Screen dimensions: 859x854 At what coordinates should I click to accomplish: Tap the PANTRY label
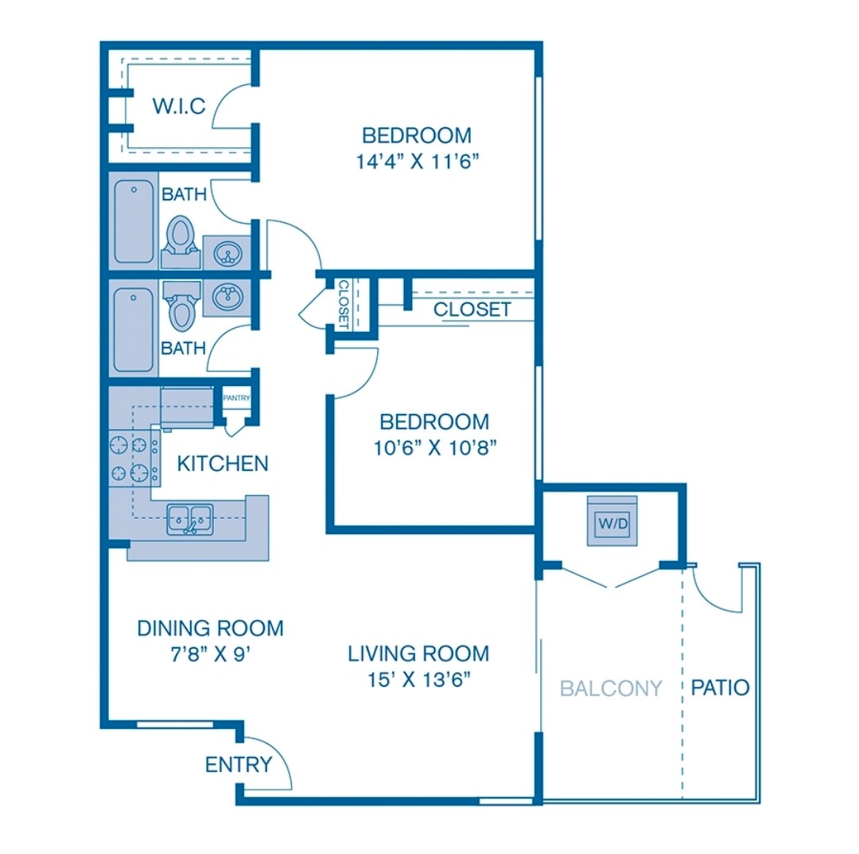(x=237, y=398)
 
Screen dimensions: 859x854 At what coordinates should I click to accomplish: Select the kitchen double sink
(x=189, y=519)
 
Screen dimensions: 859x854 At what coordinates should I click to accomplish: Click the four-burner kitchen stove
(x=134, y=458)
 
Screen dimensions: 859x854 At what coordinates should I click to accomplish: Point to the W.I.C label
(x=179, y=106)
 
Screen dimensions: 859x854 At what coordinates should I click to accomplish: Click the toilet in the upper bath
(x=181, y=242)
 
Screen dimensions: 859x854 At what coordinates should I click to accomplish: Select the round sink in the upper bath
(x=228, y=253)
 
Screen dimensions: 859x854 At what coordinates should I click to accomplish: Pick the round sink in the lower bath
(x=227, y=297)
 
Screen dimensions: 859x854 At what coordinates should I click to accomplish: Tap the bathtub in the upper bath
(x=134, y=221)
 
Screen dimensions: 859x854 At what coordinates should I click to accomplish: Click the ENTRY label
(x=239, y=764)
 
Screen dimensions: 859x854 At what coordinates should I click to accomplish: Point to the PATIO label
(x=720, y=687)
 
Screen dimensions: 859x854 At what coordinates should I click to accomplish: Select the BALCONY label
(x=611, y=688)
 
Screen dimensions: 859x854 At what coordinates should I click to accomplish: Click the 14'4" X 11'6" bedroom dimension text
(x=418, y=161)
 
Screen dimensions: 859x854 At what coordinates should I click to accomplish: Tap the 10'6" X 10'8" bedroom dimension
(x=435, y=448)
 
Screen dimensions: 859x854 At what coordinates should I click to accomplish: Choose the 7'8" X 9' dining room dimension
(x=210, y=654)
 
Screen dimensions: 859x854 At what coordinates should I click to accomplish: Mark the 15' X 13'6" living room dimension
(x=419, y=680)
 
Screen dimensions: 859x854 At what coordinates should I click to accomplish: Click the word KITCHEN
(x=223, y=464)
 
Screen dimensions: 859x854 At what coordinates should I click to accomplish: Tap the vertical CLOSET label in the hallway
(x=344, y=304)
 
